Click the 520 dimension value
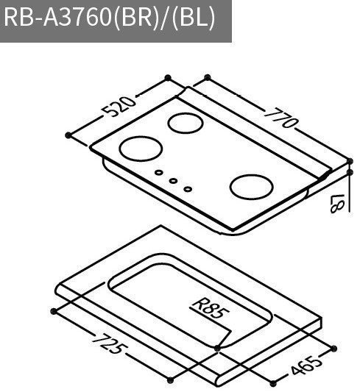(x=120, y=108)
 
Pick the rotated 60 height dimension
(x=339, y=203)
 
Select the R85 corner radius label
(x=210, y=309)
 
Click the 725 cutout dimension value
(x=107, y=344)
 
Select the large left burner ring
(x=141, y=149)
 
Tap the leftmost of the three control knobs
(x=158, y=174)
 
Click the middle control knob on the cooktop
(x=173, y=181)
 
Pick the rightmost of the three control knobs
(x=188, y=188)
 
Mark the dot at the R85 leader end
(x=217, y=347)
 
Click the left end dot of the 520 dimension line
(x=68, y=135)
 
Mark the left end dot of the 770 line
(x=207, y=76)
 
